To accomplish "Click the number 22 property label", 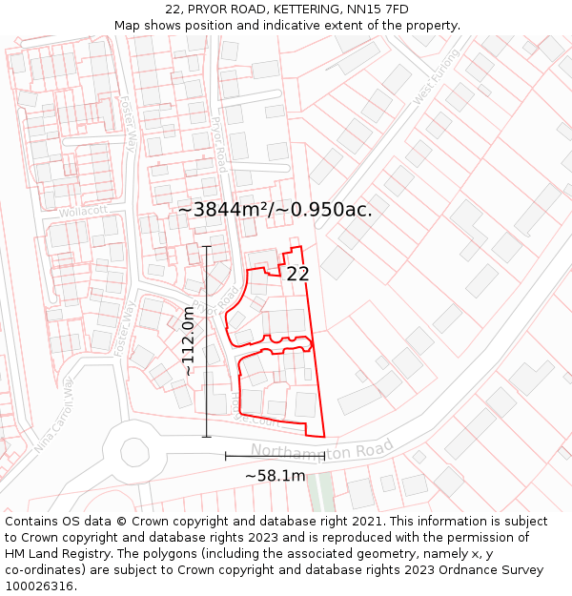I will tap(297, 274).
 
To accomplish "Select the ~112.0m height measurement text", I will tap(188, 340).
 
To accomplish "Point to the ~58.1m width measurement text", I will tap(276, 476).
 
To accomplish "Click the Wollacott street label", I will tap(79, 212).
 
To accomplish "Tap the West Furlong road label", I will tap(438, 76).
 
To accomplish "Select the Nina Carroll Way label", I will tap(54, 414).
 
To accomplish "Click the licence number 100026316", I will tap(41, 586).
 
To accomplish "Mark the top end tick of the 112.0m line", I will tap(207, 246).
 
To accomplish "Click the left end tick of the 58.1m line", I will tap(226, 457).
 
